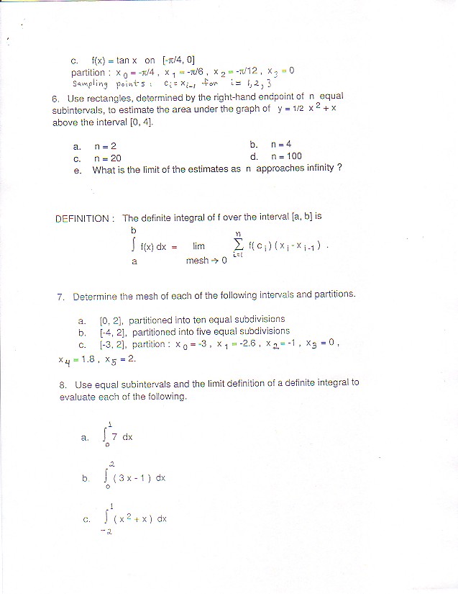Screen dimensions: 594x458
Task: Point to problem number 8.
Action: (63, 384)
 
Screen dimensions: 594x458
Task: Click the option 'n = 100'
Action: (286, 157)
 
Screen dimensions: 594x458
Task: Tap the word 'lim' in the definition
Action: (198, 246)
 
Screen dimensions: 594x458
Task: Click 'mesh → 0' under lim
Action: (206, 261)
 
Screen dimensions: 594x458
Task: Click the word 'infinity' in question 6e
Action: (316, 170)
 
